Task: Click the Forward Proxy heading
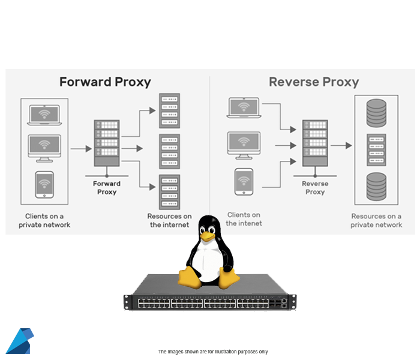click(105, 82)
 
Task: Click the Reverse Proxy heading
click(313, 82)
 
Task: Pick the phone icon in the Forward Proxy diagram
click(44, 185)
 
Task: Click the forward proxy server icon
click(107, 144)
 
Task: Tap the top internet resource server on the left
click(169, 110)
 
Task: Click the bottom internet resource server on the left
click(169, 191)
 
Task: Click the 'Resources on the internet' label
click(169, 220)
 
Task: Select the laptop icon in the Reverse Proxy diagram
click(243, 108)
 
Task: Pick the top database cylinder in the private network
click(376, 112)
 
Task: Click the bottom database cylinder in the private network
click(376, 187)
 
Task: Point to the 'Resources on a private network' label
click(376, 220)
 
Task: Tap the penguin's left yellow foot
click(191, 277)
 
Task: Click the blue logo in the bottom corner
click(19, 341)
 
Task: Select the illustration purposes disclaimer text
click(212, 352)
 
